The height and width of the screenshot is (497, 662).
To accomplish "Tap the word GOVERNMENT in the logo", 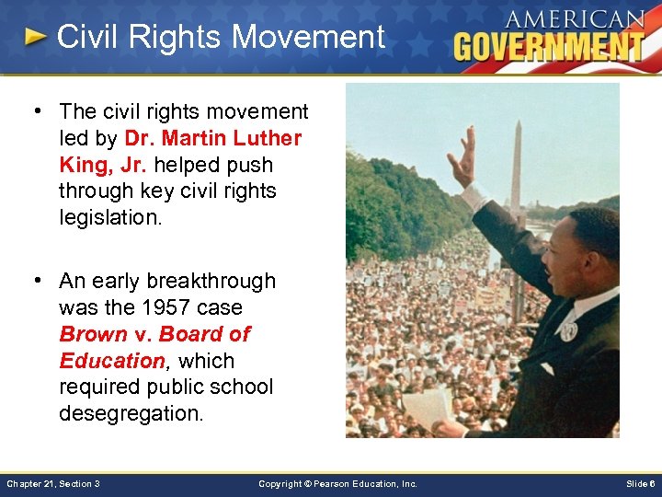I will click(549, 46).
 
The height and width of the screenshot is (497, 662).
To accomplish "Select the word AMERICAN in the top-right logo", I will click(574, 18).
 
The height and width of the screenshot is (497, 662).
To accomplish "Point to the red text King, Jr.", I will click(101, 165).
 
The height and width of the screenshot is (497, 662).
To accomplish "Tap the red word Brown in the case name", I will click(93, 334).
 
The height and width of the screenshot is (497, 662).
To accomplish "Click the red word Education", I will click(111, 361).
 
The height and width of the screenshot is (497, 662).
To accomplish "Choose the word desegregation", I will click(131, 414).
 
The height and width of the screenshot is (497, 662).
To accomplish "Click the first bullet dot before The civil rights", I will click(40, 111).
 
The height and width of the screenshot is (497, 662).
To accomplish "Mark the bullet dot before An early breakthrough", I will click(40, 281).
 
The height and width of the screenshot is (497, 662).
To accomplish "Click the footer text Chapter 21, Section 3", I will click(53, 483).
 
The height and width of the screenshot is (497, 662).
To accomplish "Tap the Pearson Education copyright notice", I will click(337, 483).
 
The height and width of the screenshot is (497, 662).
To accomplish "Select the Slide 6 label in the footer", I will click(640, 483).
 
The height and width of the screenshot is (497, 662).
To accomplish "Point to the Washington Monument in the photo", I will click(516, 170).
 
